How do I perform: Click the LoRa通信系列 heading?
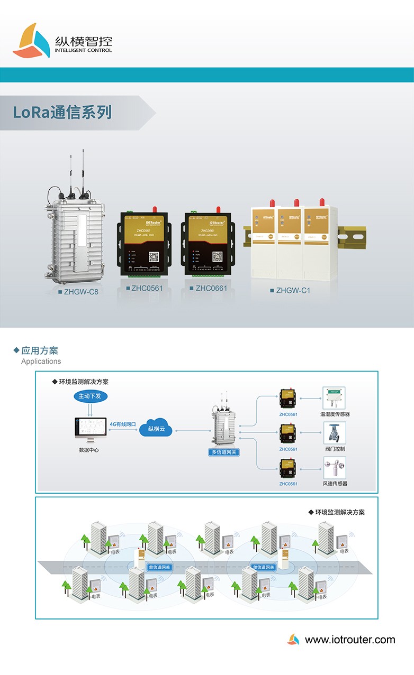point(62,113)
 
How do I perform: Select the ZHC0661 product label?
point(211,288)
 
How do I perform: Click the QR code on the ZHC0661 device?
point(217,256)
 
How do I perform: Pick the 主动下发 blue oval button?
point(88,396)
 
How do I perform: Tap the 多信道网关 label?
point(224,452)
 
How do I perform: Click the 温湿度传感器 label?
point(335,414)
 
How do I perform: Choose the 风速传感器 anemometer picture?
point(335,468)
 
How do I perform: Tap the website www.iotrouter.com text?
point(350,640)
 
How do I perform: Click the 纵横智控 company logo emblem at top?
point(31,41)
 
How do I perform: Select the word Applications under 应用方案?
point(41,362)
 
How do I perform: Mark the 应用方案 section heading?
point(40,350)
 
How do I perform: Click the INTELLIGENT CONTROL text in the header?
point(83,51)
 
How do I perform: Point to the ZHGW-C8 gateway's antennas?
point(77,172)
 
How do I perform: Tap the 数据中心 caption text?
point(88,450)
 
